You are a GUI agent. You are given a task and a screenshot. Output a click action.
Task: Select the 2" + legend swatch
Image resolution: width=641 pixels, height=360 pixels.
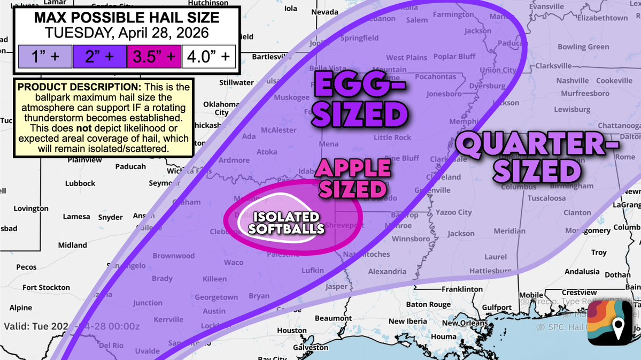[99, 56]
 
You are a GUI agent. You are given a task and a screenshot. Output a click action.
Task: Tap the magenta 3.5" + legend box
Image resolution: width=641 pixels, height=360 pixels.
[154, 56]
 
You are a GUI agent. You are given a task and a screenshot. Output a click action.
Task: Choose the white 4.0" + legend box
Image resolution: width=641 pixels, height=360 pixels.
[209, 56]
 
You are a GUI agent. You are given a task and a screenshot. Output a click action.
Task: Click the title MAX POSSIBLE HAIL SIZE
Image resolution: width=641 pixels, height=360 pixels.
[127, 17]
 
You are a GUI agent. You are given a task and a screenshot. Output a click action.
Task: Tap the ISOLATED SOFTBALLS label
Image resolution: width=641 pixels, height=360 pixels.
[286, 223]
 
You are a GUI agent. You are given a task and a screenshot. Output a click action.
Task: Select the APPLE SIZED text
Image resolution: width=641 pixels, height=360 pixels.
[352, 178]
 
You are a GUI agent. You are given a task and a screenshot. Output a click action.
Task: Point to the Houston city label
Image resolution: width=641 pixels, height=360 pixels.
[291, 331]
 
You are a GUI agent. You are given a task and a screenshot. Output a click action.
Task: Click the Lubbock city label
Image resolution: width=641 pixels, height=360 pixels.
[80, 183]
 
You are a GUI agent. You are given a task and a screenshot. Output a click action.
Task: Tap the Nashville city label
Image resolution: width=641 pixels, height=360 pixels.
[572, 81]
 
